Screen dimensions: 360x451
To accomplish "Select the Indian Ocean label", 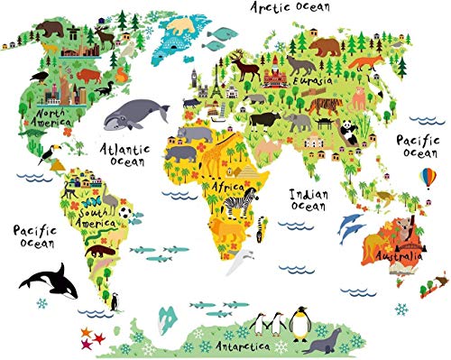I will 307,199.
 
